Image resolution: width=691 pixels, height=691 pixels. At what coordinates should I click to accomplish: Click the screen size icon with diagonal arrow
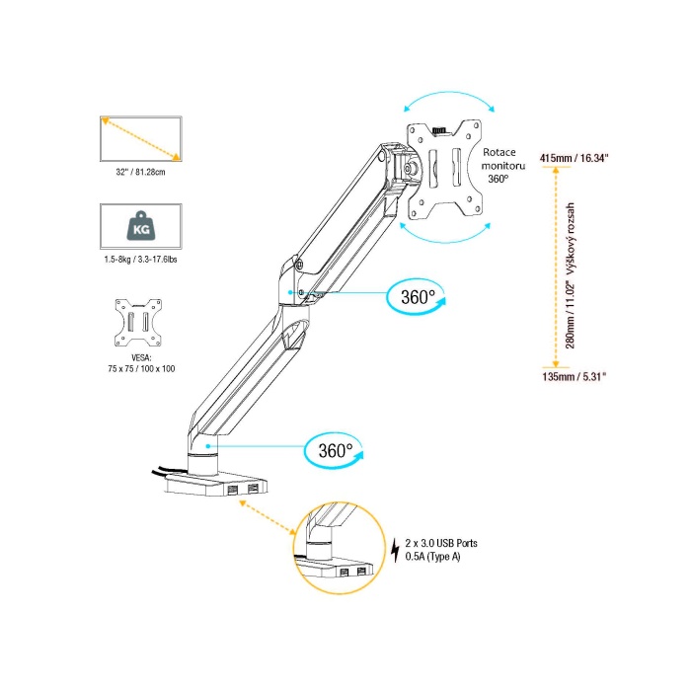click(x=140, y=139)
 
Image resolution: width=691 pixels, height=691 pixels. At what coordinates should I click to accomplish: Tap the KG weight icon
click(x=140, y=227)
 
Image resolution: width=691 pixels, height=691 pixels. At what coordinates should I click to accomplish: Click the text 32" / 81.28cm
click(x=139, y=171)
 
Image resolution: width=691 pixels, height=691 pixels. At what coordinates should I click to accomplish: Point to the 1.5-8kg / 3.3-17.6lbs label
click(x=140, y=259)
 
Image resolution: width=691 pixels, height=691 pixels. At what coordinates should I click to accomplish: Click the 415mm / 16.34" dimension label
click(x=575, y=158)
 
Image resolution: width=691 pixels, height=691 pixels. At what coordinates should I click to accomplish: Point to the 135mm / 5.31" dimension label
click(x=574, y=376)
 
